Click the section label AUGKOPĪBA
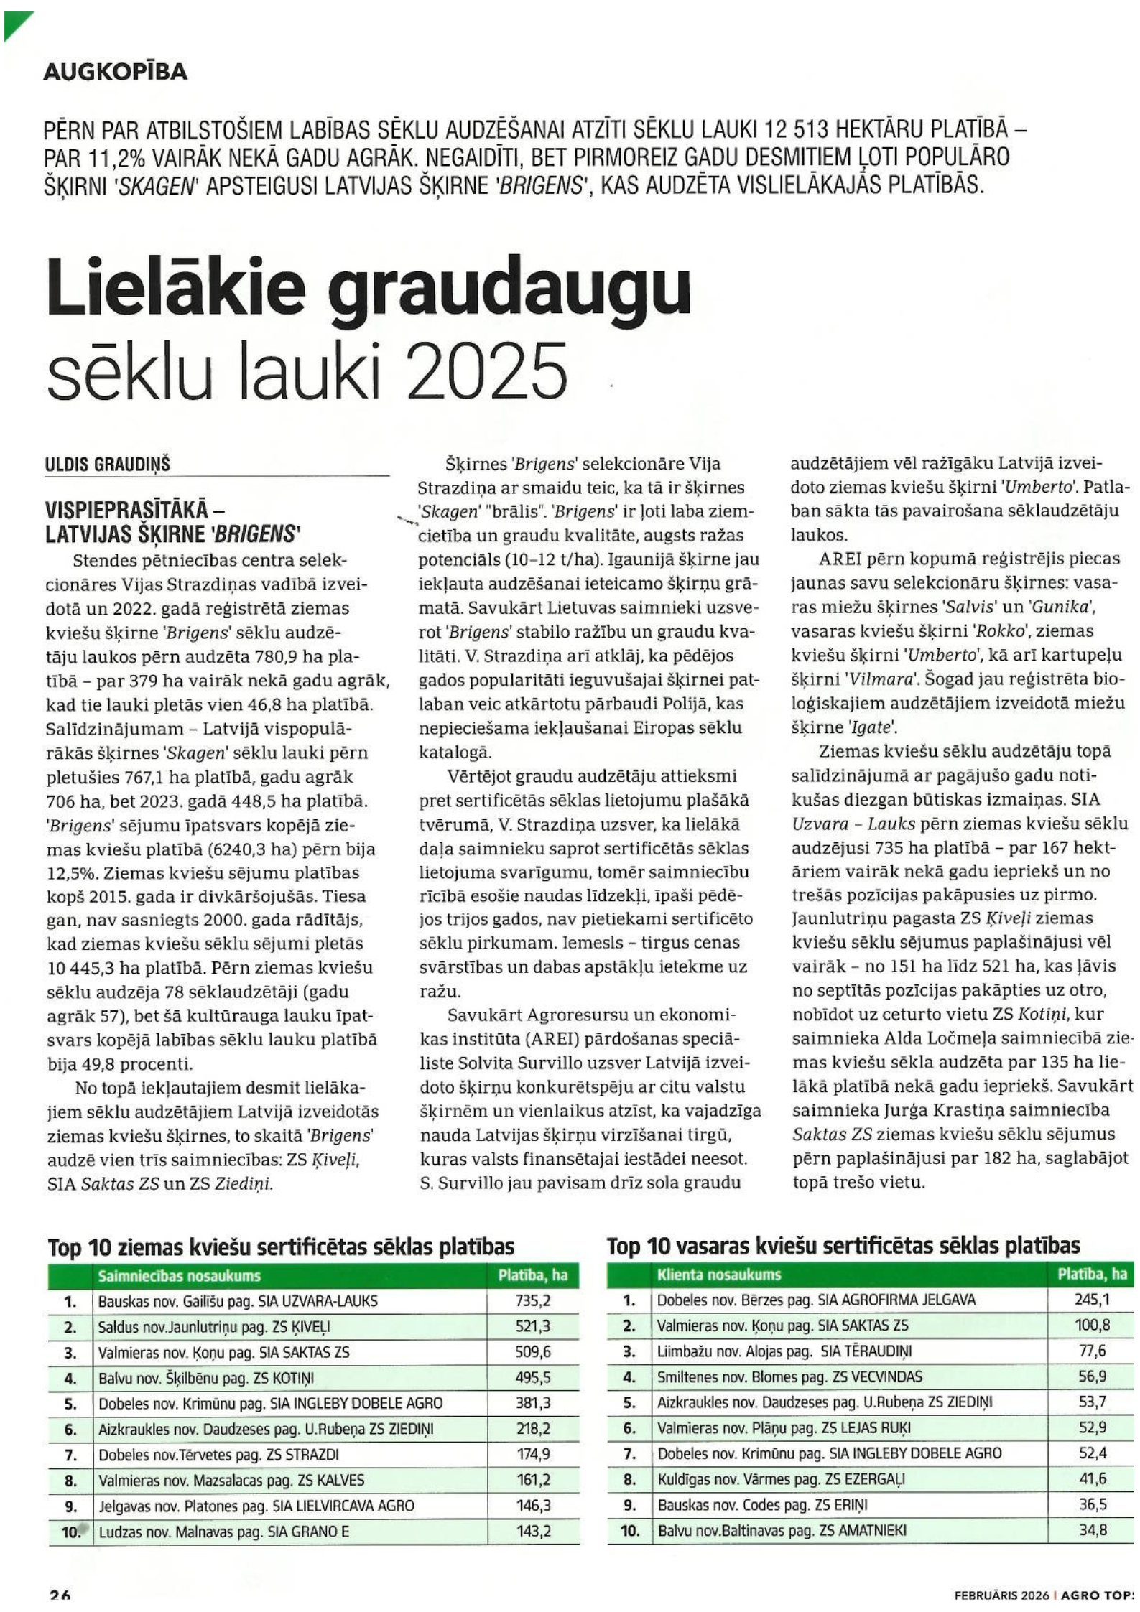(116, 72)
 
